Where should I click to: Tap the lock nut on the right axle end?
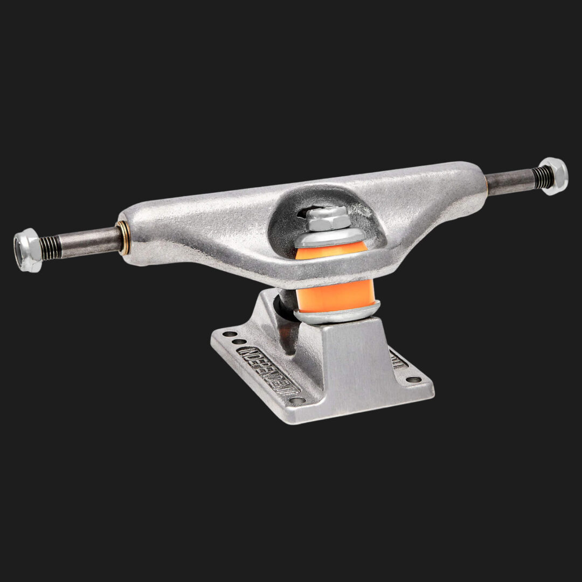coord(553,176)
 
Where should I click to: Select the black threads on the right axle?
coord(542,177)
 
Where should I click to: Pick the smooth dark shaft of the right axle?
coord(509,182)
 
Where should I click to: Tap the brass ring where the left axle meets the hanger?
coord(122,238)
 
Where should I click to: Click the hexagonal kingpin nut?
coord(327,219)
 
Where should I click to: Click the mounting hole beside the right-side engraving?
coord(413,379)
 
